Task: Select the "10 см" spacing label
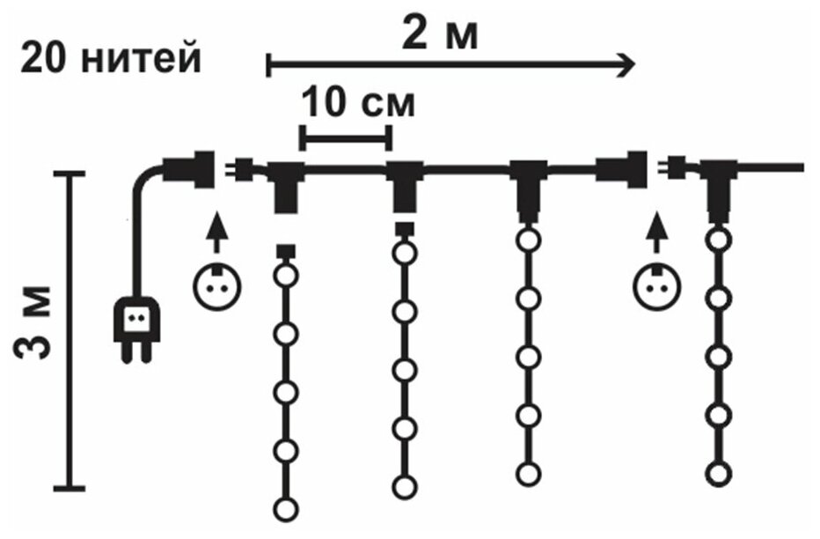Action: [x=358, y=105]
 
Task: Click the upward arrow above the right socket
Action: [x=654, y=235]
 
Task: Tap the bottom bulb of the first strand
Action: [x=285, y=508]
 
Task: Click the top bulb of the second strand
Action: [x=404, y=254]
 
